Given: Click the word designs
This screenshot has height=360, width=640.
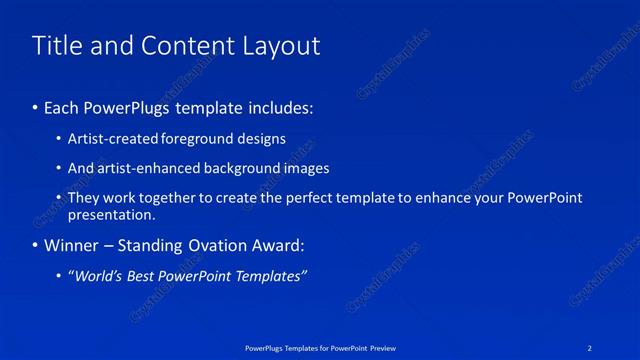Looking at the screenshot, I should tap(261, 139).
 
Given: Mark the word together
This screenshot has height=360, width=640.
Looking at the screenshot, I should tap(165, 198).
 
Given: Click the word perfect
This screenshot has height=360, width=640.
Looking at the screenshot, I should tap(321, 198).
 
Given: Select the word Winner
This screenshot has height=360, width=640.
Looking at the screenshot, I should tap(70, 245).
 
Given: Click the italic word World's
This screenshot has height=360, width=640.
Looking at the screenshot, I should tap(100, 275).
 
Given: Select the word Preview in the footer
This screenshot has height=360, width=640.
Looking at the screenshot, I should tap(380, 347).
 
